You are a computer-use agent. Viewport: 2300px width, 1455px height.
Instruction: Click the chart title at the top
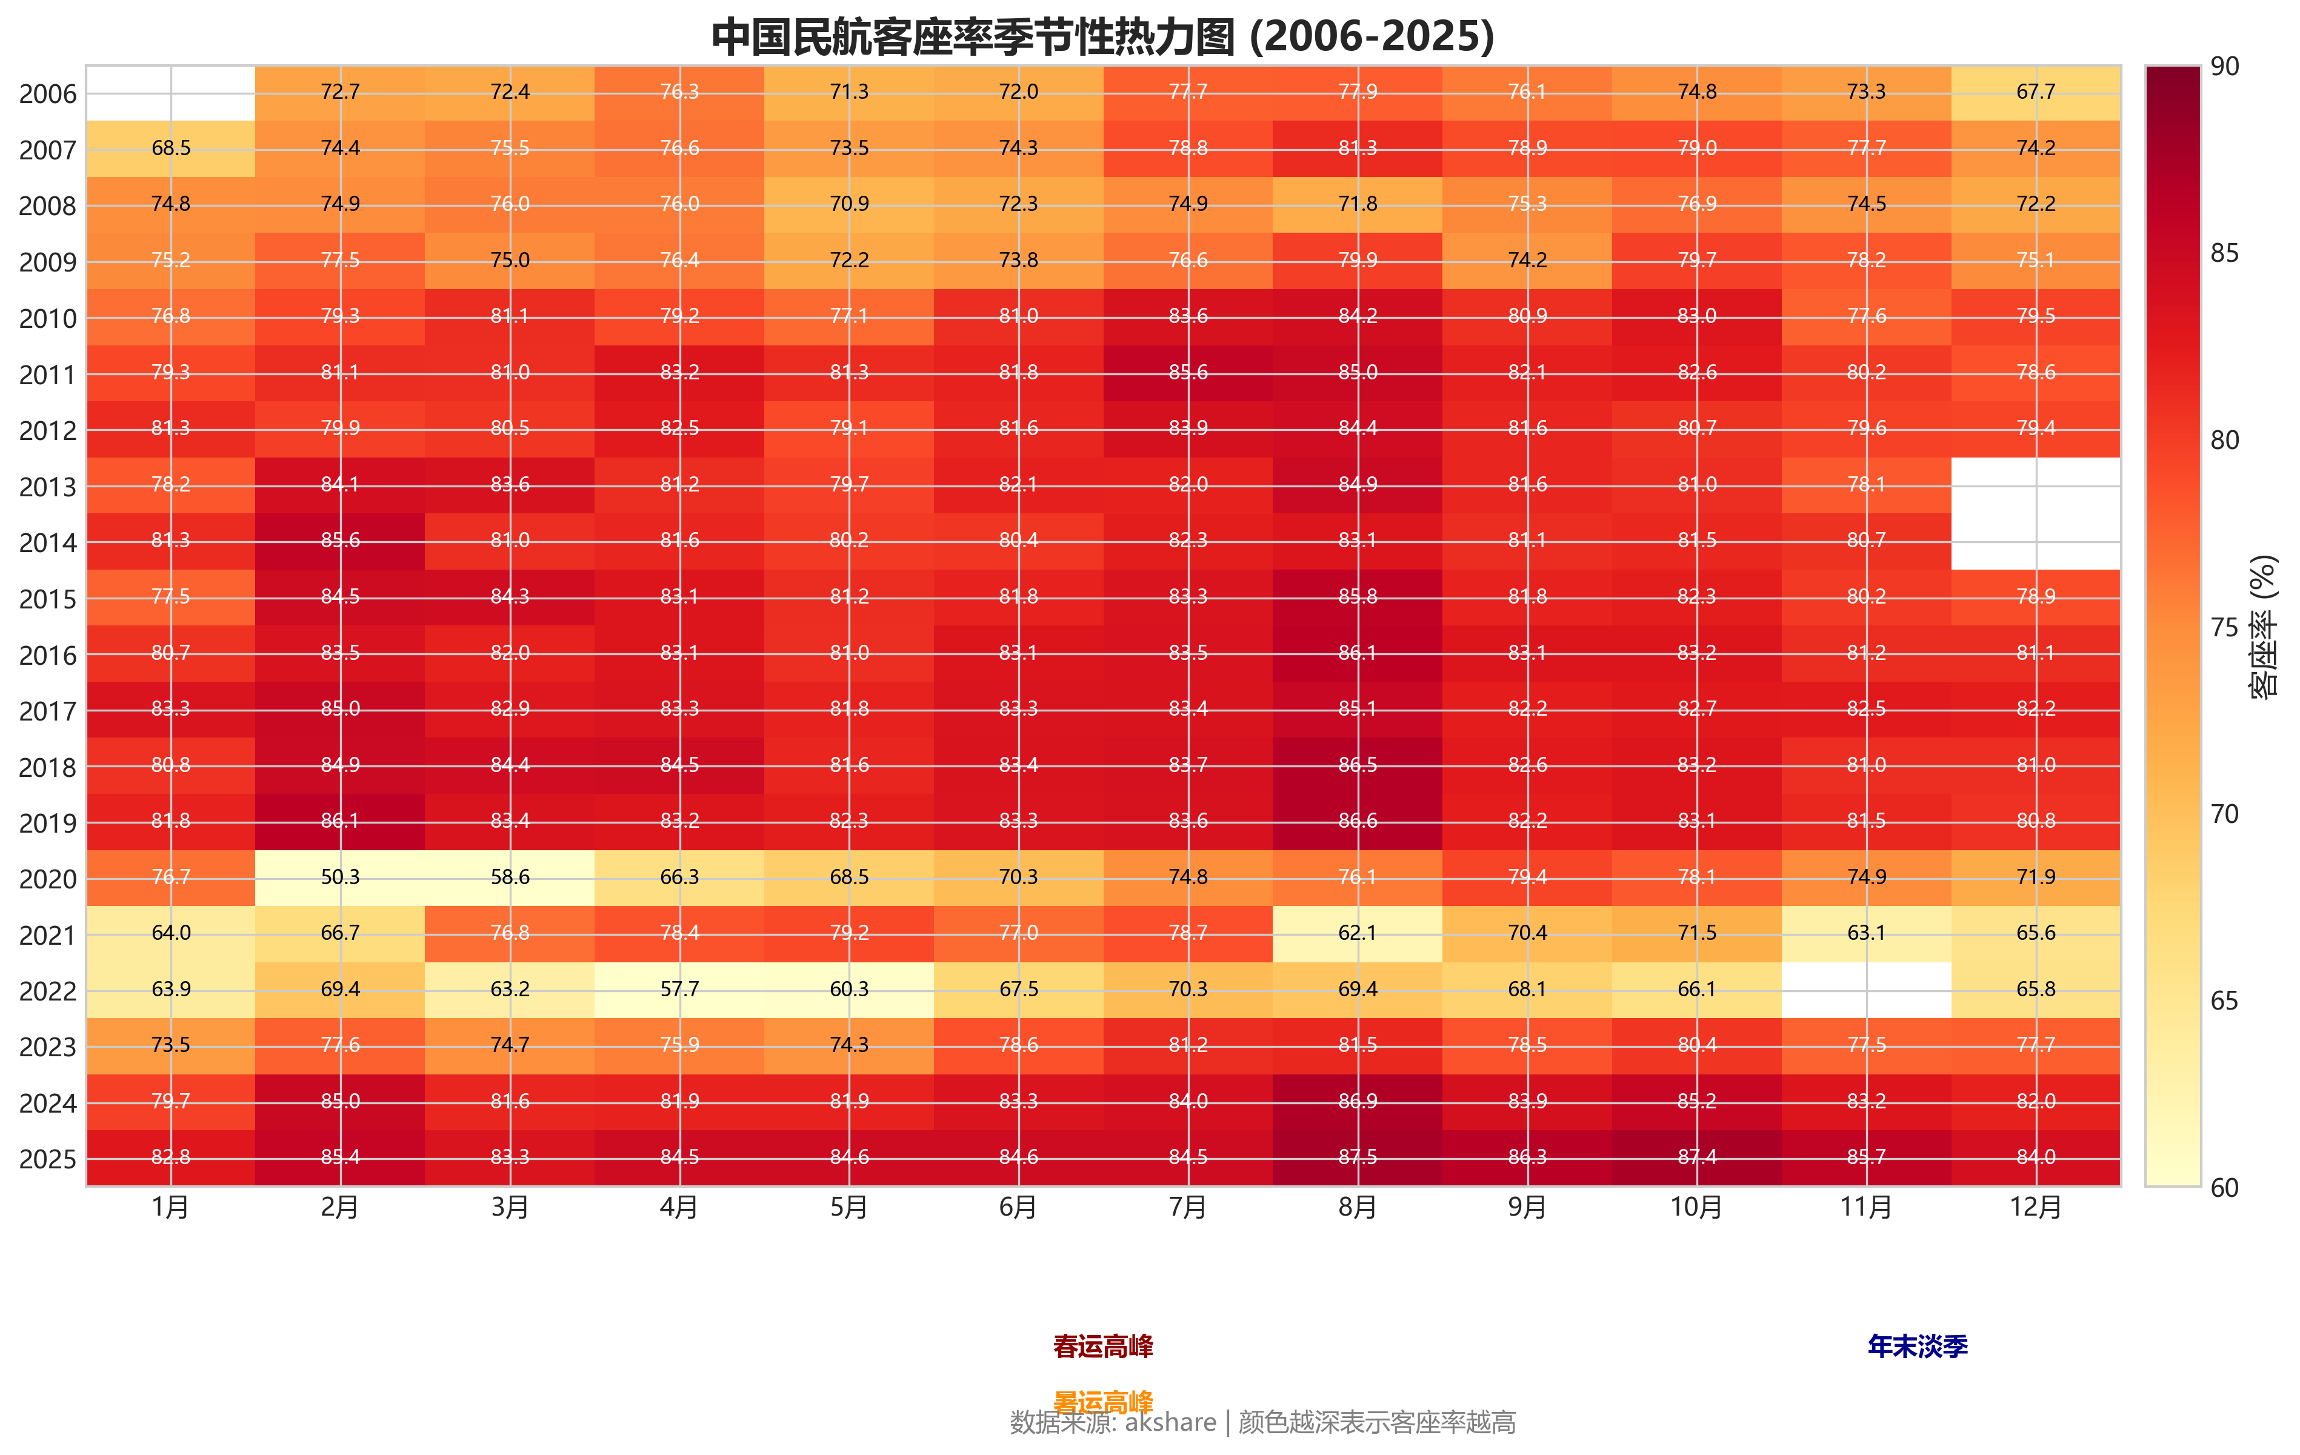pyautogui.click(x=1102, y=36)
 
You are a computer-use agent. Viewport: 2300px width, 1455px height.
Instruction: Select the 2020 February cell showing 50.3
pyautogui.click(x=340, y=877)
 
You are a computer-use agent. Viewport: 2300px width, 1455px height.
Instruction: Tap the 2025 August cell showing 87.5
pyautogui.click(x=1357, y=1157)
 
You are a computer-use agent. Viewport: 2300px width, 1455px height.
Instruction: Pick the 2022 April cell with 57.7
pyautogui.click(x=679, y=989)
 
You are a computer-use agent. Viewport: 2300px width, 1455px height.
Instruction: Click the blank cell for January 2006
pyautogui.click(x=171, y=93)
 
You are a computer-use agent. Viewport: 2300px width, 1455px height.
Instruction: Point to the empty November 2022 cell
pyautogui.click(x=1866, y=989)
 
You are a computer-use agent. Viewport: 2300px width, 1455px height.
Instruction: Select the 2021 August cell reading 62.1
pyautogui.click(x=1357, y=933)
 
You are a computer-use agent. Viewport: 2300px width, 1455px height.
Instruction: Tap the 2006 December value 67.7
pyautogui.click(x=2035, y=92)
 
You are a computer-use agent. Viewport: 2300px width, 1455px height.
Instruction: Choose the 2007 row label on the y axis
pyautogui.click(x=47, y=151)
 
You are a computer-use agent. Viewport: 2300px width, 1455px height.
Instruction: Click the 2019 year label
pyautogui.click(x=47, y=824)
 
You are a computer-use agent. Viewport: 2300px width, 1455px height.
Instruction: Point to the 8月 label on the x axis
pyautogui.click(x=1357, y=1208)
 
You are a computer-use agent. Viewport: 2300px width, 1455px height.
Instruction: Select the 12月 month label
pyautogui.click(x=2035, y=1208)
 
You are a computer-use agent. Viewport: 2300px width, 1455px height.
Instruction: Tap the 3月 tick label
pyautogui.click(x=510, y=1208)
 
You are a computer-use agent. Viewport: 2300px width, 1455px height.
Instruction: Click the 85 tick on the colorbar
pyautogui.click(x=2224, y=254)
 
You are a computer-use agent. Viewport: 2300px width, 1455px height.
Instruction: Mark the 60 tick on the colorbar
pyautogui.click(x=2224, y=1188)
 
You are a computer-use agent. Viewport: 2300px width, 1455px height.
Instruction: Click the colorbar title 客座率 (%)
pyautogui.click(x=2263, y=627)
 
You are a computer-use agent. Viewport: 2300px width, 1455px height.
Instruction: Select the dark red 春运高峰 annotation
pyautogui.click(x=1102, y=1346)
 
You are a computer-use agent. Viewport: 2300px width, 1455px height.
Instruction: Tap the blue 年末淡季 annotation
pyautogui.click(x=1917, y=1346)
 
